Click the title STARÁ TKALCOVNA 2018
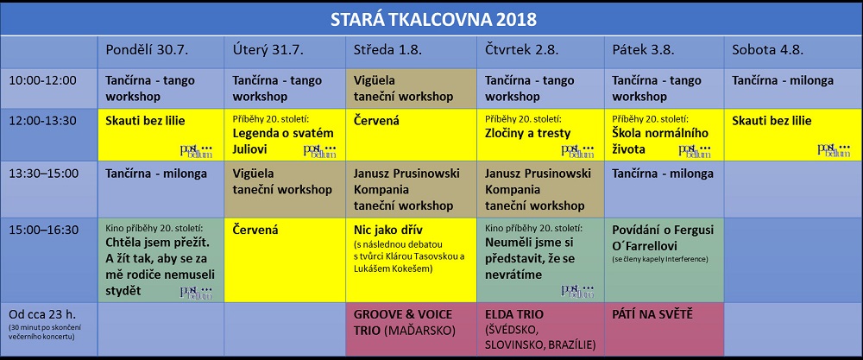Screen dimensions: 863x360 pos(433,19)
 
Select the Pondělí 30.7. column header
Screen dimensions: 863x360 pos(147,49)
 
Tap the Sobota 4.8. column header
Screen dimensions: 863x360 pos(768,49)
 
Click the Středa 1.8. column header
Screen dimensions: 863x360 pos(387,49)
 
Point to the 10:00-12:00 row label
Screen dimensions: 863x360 pos(42,80)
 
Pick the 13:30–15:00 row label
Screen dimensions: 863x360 pos(43,174)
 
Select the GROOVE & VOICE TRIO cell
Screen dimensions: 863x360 pos(411,329)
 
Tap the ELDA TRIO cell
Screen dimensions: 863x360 pos(540,329)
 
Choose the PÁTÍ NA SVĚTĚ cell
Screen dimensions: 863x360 pos(664,329)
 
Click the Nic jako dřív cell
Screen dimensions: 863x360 pos(411,260)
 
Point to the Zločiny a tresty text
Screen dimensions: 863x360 pos(527,133)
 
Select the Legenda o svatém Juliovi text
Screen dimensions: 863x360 pos(283,141)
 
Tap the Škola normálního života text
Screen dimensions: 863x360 pos(660,141)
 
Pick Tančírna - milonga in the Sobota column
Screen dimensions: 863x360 pos(782,80)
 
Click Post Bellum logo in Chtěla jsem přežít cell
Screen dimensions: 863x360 pos(196,291)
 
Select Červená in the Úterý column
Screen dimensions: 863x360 pos(255,230)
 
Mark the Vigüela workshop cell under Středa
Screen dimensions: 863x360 pos(411,89)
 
